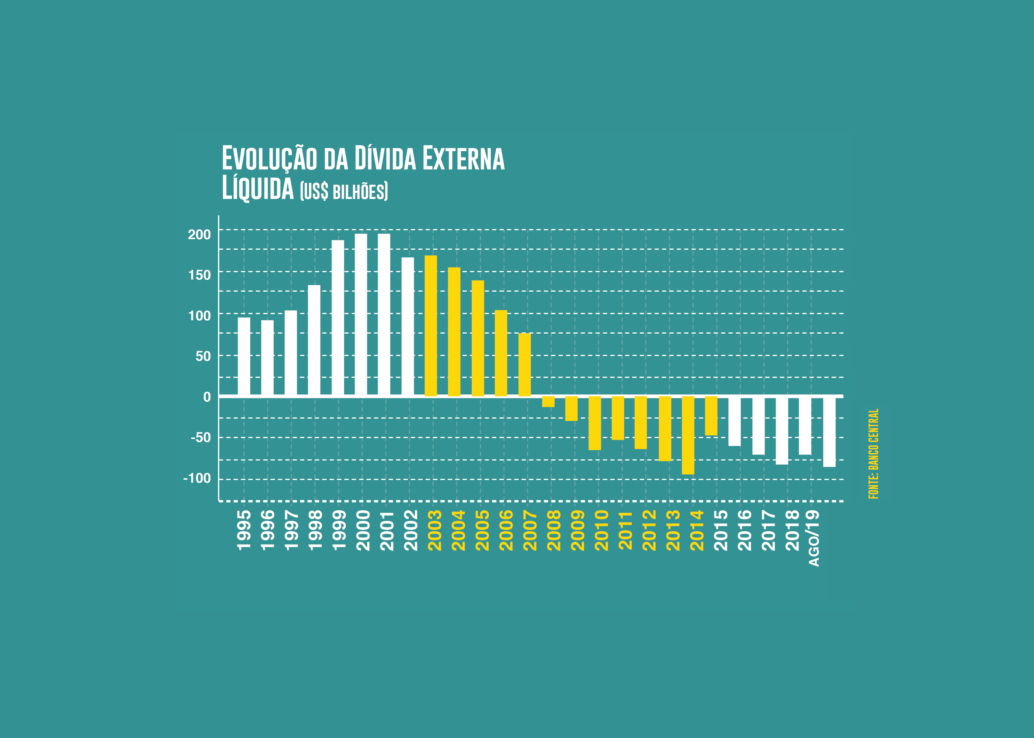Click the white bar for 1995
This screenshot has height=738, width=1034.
pos(244,356)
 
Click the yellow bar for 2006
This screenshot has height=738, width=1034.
pos(501,353)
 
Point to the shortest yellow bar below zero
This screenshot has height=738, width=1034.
pos(548,402)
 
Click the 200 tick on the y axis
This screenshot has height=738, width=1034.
pos(200,234)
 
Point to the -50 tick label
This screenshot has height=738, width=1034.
pos(201,437)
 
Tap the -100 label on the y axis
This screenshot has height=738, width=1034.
pos(197,478)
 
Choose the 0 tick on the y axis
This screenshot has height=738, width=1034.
pos(207,397)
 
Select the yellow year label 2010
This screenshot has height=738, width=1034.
pos(601,530)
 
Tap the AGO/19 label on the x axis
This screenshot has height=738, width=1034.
pos(814,538)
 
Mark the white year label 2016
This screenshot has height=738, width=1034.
pos(744,530)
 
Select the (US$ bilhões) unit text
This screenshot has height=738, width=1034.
pos(344,191)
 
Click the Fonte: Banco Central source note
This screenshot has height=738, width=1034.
pos(874,453)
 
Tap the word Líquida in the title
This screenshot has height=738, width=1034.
pos(258,189)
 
